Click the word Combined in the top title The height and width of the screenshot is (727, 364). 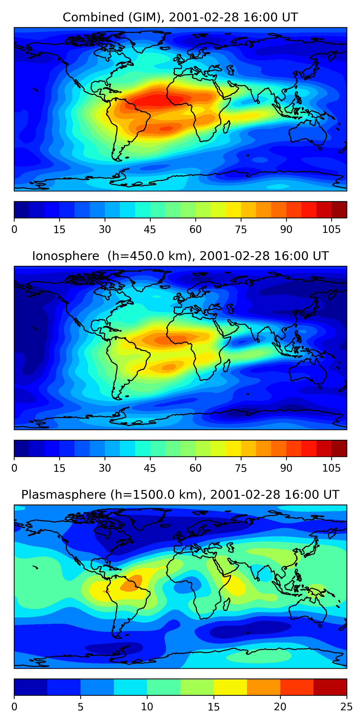coord(93,17)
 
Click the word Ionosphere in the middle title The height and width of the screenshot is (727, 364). coord(66,256)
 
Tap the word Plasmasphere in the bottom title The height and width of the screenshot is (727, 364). coord(64,495)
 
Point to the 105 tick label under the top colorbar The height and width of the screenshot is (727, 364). coord(331,230)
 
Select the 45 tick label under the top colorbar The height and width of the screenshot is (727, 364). coord(150,230)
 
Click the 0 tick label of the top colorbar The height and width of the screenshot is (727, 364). coord(14,230)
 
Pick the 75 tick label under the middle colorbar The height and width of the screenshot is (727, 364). coord(241,468)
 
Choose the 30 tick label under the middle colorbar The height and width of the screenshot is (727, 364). coord(105,468)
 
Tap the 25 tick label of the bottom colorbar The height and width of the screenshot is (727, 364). coord(347,707)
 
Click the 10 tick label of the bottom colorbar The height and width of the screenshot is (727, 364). coord(147,707)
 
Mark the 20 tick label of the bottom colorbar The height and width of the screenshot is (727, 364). coord(280,707)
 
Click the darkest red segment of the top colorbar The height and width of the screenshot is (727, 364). coord(339,210)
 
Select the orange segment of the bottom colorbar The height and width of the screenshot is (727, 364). coord(263,687)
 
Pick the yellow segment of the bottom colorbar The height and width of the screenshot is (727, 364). coord(230,687)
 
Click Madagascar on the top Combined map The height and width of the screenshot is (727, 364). coord(226,127)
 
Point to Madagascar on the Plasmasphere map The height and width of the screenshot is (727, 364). coord(226,605)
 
